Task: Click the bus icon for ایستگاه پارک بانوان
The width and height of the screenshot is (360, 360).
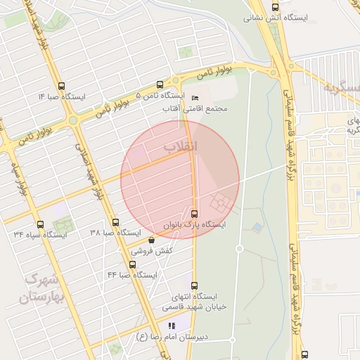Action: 194,213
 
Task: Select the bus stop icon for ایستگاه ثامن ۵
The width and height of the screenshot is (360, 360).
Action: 160,84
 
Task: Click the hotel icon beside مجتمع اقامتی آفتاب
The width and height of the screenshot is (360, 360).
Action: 195,97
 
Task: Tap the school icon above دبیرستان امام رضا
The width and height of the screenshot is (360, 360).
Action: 170,326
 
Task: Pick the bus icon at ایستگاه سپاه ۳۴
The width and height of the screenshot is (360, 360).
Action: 39,224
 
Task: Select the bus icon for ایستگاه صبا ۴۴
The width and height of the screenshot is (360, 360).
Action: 132,264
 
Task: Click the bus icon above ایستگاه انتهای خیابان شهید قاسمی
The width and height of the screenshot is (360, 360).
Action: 194,285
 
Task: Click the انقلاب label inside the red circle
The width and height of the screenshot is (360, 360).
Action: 181,146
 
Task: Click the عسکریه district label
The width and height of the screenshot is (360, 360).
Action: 341,87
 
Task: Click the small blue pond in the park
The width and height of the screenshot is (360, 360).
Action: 257,228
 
